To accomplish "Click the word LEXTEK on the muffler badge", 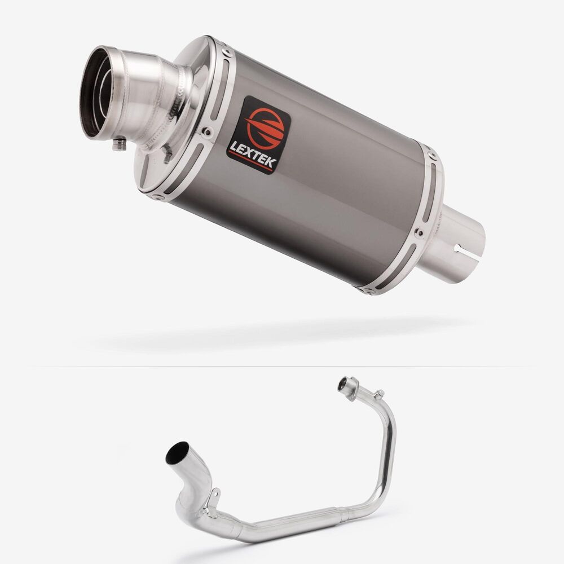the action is pos(253,155).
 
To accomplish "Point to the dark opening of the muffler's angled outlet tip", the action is pos(94,92).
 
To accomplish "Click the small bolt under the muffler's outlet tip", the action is pos(120,144).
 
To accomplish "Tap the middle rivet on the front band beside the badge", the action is pos(207,132).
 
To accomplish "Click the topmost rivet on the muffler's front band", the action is pos(227,52).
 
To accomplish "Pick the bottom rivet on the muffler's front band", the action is pos(157,197).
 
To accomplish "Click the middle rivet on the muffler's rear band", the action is pos(419,233).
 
